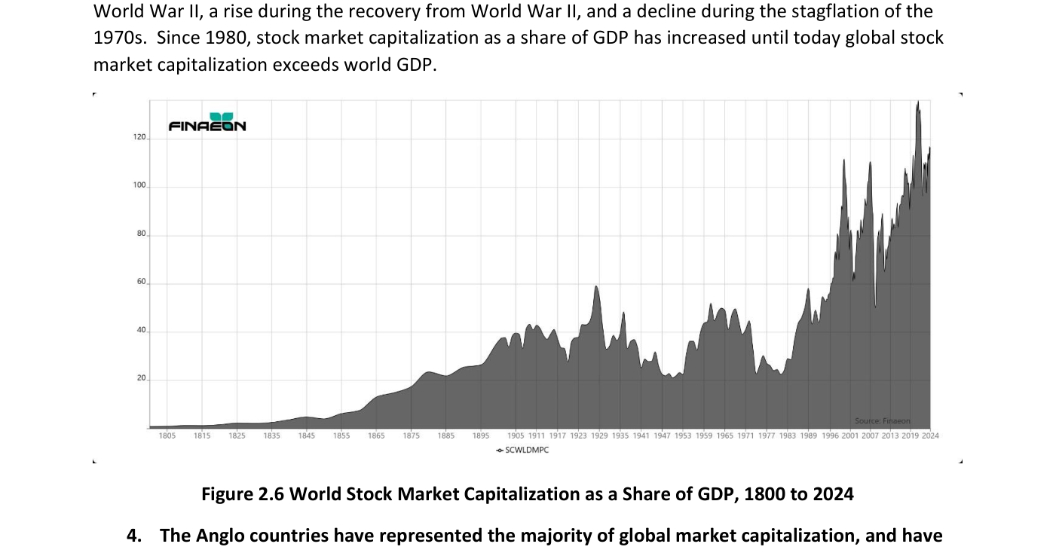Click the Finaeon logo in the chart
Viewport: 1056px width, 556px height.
point(207,122)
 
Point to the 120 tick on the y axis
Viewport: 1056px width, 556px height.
point(139,137)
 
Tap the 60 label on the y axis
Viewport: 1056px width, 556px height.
point(142,282)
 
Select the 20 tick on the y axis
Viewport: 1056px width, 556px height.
point(142,378)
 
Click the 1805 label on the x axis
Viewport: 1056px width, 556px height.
point(167,436)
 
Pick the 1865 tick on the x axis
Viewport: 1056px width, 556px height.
point(376,436)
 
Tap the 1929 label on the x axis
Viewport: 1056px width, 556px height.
point(600,436)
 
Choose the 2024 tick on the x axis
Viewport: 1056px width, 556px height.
point(930,436)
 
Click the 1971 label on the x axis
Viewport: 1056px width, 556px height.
point(745,436)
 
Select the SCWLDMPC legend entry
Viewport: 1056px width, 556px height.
point(523,450)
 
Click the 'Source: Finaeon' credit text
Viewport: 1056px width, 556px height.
point(883,421)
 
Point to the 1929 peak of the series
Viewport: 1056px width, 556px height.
point(596,286)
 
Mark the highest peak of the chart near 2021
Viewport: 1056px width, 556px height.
point(918,101)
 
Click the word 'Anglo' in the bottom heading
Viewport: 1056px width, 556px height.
point(219,536)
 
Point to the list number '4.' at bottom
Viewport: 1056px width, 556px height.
point(134,536)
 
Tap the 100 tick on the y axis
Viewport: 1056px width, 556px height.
point(139,185)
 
